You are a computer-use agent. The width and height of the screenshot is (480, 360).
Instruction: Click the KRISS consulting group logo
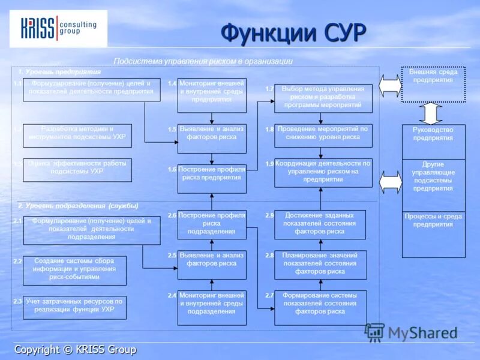coord(58,28)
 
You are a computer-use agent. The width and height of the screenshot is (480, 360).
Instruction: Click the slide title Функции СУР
coord(293,32)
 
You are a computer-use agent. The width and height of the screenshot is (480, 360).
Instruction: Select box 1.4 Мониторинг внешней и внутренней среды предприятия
coord(212,95)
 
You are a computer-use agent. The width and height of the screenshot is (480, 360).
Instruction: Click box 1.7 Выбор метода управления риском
coord(323,98)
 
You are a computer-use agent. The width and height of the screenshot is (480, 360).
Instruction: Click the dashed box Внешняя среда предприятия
coord(433,85)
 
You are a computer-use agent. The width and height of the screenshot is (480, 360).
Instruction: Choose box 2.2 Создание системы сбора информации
coord(75,271)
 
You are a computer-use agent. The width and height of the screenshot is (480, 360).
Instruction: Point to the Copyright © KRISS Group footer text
coord(76,349)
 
